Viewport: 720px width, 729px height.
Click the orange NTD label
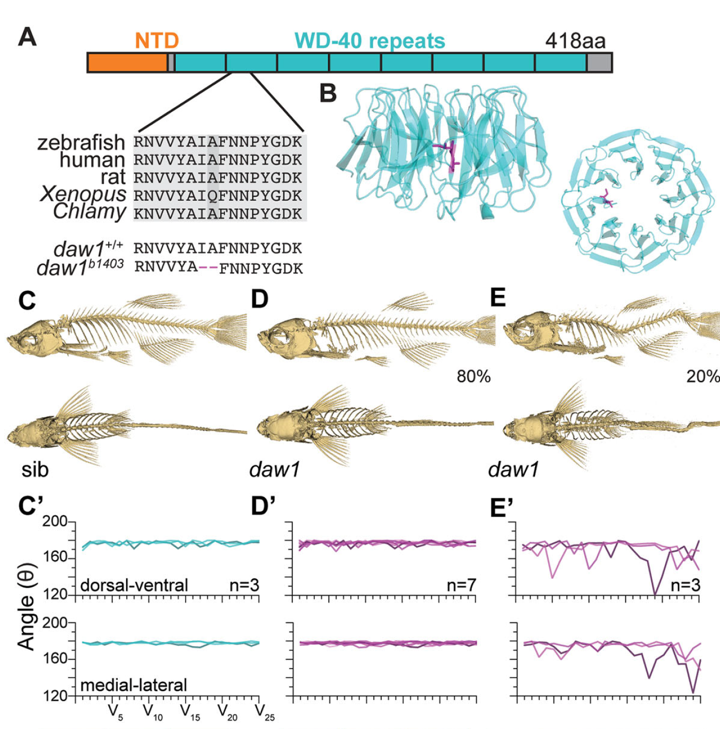click(157, 41)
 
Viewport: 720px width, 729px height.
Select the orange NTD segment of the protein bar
click(127, 63)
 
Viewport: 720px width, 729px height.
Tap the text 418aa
click(575, 41)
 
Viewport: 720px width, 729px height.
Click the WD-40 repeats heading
click(370, 41)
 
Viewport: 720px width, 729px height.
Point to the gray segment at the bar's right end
click(599, 63)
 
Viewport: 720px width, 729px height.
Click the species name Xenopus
click(83, 194)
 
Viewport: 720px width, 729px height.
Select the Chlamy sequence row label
click(89, 212)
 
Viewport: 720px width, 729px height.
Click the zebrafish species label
click(81, 142)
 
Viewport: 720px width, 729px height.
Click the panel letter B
click(328, 93)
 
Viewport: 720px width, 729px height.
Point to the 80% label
click(473, 376)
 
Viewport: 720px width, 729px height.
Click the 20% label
click(703, 376)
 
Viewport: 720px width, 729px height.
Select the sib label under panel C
click(35, 470)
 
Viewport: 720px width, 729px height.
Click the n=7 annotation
click(461, 585)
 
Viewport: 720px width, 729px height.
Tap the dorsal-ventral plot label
click(134, 585)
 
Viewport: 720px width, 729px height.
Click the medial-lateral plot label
click(134, 685)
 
